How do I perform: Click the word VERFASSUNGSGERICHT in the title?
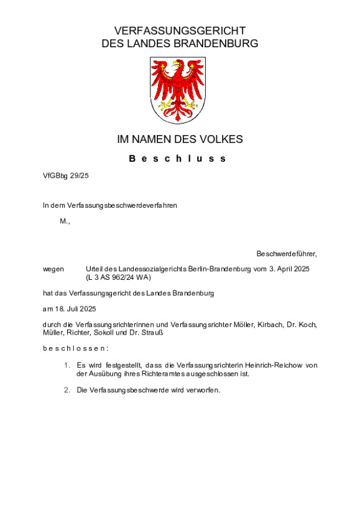tap(180, 31)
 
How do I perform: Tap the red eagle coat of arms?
tap(178, 90)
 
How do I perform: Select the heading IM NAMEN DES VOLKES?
tap(180, 139)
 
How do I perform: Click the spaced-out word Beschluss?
tap(178, 159)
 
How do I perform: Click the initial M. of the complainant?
tap(65, 221)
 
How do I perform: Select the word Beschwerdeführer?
tap(286, 254)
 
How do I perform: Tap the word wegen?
tap(53, 268)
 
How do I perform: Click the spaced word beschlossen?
tap(76, 348)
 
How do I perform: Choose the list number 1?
tap(67, 365)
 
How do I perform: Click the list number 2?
tap(67, 390)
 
